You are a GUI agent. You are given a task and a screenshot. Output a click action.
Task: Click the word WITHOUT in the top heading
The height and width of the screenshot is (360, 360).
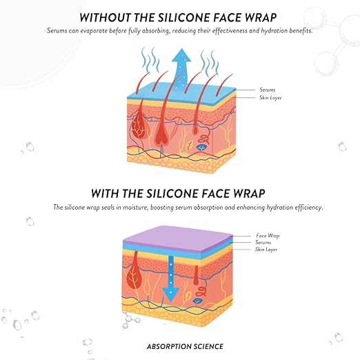[x=106, y=18]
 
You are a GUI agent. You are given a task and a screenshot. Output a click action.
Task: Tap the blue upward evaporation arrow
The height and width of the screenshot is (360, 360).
[x=181, y=69]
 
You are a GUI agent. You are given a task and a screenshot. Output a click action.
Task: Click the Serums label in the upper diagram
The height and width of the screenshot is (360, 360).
[x=268, y=90]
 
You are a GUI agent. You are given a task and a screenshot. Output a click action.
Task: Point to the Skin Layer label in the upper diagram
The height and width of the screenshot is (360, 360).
[x=270, y=98]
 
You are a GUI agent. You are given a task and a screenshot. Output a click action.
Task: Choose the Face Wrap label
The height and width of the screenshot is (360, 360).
[x=268, y=236]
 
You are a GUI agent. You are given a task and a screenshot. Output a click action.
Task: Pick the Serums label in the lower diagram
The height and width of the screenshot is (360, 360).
[x=263, y=242]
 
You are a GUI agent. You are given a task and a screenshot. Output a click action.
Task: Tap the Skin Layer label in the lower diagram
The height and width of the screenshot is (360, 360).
[x=266, y=250]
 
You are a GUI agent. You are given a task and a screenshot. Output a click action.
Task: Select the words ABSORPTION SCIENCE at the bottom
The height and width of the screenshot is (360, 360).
[x=185, y=346]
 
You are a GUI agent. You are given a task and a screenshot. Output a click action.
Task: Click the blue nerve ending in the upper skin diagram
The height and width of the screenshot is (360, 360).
[x=201, y=147]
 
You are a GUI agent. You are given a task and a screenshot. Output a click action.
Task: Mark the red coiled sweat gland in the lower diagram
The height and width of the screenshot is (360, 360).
[x=201, y=292]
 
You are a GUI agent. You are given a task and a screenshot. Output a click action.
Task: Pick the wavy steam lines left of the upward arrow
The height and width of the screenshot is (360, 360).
[x=150, y=59]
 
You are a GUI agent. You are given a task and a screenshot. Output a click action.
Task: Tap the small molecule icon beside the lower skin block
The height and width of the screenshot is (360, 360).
[x=130, y=319]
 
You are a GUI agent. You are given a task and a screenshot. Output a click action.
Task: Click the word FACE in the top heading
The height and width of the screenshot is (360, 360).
[x=226, y=18]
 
